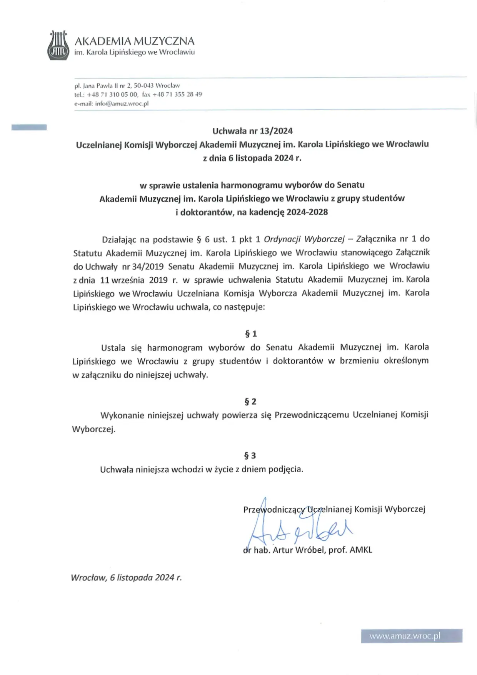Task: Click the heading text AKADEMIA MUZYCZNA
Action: [x=134, y=41]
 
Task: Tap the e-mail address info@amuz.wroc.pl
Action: [x=122, y=103]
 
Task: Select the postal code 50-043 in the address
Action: [x=144, y=85]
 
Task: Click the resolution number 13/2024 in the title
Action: [x=276, y=131]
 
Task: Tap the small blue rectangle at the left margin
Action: [x=29, y=127]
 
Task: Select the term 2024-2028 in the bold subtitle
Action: [x=307, y=212]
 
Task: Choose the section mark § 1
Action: [x=251, y=334]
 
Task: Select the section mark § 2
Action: [x=250, y=402]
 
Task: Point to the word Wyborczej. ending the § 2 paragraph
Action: [x=94, y=429]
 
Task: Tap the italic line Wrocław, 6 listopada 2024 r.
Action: [x=126, y=578]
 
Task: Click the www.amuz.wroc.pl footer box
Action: [x=412, y=636]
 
